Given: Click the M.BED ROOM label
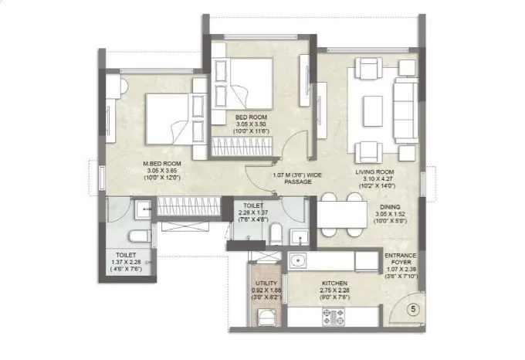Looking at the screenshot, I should point(161,164).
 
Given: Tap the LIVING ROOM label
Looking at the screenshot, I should point(375,172).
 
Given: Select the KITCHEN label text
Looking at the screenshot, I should point(340,284).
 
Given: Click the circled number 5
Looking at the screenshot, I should point(413,310).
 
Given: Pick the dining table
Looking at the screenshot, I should point(342,215).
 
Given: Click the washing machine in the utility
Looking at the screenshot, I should point(262,317).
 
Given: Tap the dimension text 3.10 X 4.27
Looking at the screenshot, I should point(375,179).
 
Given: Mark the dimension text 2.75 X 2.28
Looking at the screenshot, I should point(340,291).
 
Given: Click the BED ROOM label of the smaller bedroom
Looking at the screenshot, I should point(252,118).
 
